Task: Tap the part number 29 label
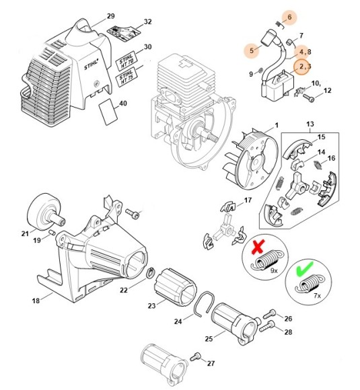[111, 15]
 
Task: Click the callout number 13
[310, 125]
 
